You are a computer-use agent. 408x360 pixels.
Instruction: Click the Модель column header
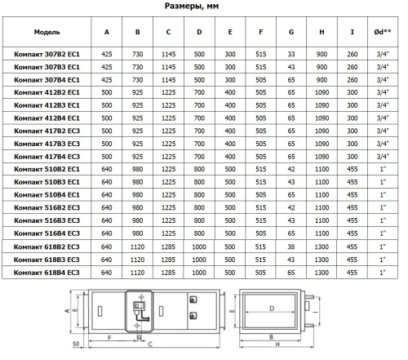pyautogui.click(x=47, y=32)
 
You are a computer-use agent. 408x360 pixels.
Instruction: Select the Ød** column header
pyautogui.click(x=383, y=32)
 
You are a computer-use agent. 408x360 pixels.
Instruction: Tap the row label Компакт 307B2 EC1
pyautogui.click(x=47, y=54)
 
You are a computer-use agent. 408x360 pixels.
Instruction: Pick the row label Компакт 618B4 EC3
pyautogui.click(x=47, y=273)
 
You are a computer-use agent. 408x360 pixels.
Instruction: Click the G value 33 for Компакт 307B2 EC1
pyautogui.click(x=291, y=54)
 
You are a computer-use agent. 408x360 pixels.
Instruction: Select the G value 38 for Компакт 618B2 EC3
pyautogui.click(x=290, y=247)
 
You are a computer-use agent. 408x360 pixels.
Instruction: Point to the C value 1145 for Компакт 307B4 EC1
pyautogui.click(x=168, y=80)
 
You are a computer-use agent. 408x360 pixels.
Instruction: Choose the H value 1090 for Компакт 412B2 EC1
pyautogui.click(x=322, y=92)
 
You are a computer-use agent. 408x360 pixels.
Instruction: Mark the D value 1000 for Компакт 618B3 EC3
pyautogui.click(x=199, y=260)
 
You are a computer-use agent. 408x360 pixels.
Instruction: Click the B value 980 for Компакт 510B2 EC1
pyautogui.click(x=137, y=169)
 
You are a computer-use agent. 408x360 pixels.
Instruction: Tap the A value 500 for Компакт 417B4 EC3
pyautogui.click(x=107, y=157)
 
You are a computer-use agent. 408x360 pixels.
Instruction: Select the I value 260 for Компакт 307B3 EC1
pyautogui.click(x=352, y=67)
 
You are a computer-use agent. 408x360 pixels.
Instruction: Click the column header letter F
pyautogui.click(x=260, y=32)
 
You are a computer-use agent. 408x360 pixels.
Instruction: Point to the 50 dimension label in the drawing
pyautogui.click(x=76, y=344)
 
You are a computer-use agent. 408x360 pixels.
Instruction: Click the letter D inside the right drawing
pyautogui.click(x=272, y=309)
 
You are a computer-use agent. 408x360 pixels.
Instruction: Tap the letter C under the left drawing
pyautogui.click(x=150, y=344)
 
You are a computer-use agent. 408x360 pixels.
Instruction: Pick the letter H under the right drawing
pyautogui.click(x=277, y=344)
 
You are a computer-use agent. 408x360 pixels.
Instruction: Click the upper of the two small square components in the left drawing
pyautogui.click(x=193, y=300)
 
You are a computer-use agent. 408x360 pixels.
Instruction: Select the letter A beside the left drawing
pyautogui.click(x=67, y=310)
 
